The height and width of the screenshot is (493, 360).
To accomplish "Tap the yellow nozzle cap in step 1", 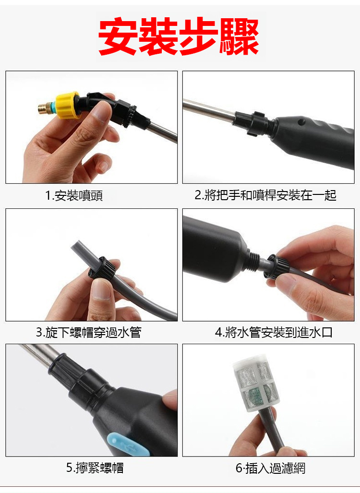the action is click(67, 105).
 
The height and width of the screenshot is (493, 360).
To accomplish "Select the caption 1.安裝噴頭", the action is click(74, 195).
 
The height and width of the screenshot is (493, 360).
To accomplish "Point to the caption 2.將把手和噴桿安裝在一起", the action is click(265, 195).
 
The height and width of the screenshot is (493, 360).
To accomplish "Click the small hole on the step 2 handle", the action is click(302, 120).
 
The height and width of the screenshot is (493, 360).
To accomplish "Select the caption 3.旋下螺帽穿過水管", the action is click(89, 332).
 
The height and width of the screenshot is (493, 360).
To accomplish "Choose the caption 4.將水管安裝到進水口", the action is click(274, 332).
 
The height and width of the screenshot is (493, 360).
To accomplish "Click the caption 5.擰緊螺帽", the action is click(95, 468).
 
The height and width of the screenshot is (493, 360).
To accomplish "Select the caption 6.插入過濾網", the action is click(270, 468).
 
